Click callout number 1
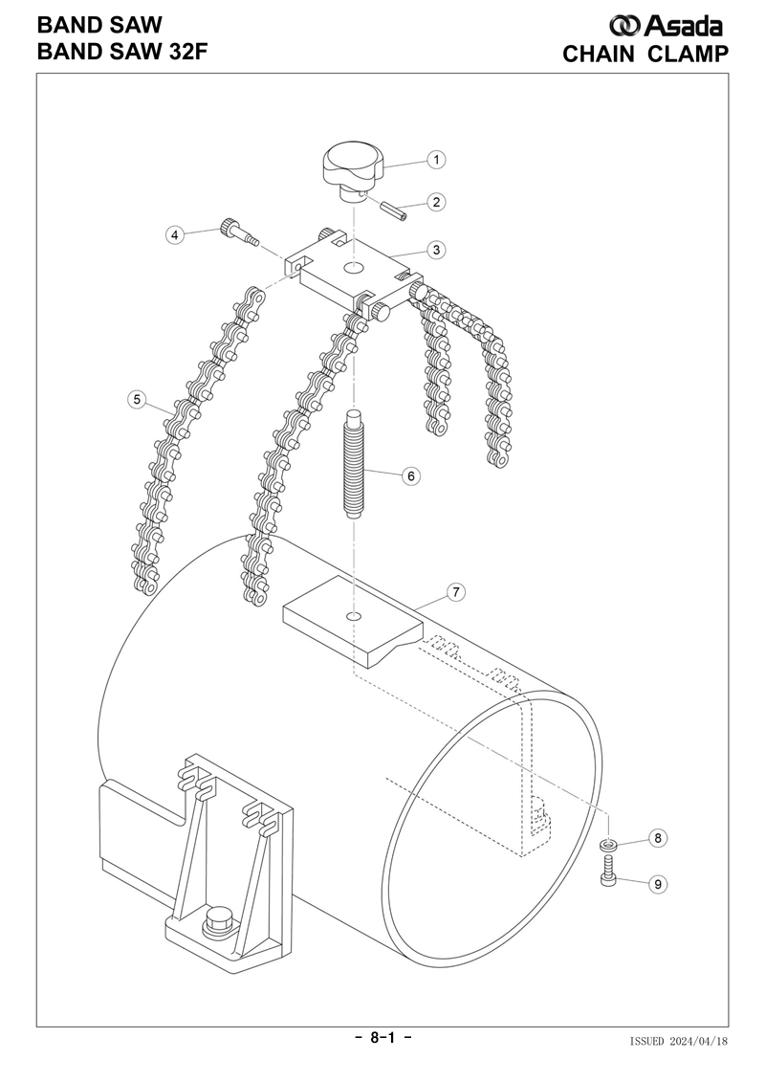(x=436, y=160)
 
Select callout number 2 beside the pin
(x=436, y=202)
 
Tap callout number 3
(x=436, y=250)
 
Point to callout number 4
(x=175, y=235)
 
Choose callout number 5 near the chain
(x=138, y=399)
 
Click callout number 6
(x=410, y=475)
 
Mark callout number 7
(x=456, y=592)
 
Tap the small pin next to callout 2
(x=397, y=211)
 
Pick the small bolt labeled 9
(x=608, y=871)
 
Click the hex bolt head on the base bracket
(x=217, y=922)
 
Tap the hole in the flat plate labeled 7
(x=355, y=615)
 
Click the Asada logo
(x=666, y=26)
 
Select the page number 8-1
(x=382, y=1037)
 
